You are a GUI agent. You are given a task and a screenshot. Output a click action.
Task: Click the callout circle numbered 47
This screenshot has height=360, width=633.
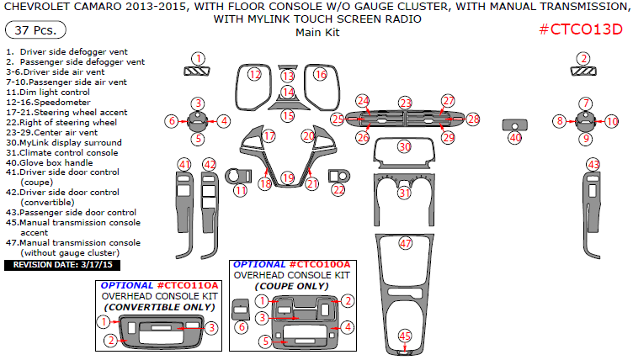(x=406, y=244)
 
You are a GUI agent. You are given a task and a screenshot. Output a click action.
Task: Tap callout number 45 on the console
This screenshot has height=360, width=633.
(x=405, y=336)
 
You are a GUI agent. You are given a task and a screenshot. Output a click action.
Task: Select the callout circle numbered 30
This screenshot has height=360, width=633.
(x=405, y=146)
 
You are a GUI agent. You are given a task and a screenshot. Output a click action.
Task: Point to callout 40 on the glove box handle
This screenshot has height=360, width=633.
(x=515, y=137)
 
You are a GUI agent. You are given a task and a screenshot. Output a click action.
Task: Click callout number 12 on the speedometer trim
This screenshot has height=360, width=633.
(x=255, y=75)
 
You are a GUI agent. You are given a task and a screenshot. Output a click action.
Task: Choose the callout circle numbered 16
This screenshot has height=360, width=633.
(x=320, y=75)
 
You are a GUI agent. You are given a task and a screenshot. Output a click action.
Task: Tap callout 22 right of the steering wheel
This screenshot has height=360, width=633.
(x=338, y=190)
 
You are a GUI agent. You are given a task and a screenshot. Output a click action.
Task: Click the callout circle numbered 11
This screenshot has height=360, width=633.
(x=241, y=191)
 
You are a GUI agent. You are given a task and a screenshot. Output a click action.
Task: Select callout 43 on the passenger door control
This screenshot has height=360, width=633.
(x=594, y=163)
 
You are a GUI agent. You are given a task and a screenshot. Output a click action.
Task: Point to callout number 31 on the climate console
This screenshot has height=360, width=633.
(x=405, y=193)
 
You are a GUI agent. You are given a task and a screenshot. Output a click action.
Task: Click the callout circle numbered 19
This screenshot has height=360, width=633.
(x=288, y=178)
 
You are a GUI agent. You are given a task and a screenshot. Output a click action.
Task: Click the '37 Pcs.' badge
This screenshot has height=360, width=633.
(x=27, y=30)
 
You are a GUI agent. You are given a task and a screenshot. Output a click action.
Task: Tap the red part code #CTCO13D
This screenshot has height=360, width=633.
(x=581, y=30)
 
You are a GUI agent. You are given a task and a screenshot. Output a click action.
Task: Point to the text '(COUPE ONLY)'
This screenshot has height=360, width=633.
(x=291, y=286)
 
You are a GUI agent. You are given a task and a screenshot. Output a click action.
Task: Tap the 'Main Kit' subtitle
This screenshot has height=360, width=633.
(x=316, y=33)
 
